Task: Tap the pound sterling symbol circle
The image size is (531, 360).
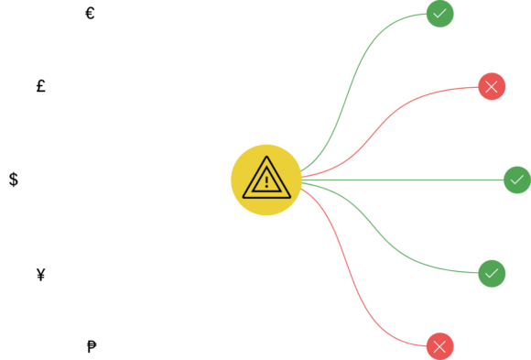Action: point(41,87)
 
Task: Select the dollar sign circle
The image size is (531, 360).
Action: point(14,180)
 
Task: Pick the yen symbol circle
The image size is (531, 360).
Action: point(41,273)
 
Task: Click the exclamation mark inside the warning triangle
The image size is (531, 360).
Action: point(266,180)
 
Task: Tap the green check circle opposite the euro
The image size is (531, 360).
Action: point(440,14)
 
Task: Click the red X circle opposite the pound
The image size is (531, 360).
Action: point(492,87)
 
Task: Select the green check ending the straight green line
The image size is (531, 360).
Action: point(516,180)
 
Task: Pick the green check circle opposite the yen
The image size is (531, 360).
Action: point(492,273)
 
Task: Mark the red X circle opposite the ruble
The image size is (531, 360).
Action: point(440,346)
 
